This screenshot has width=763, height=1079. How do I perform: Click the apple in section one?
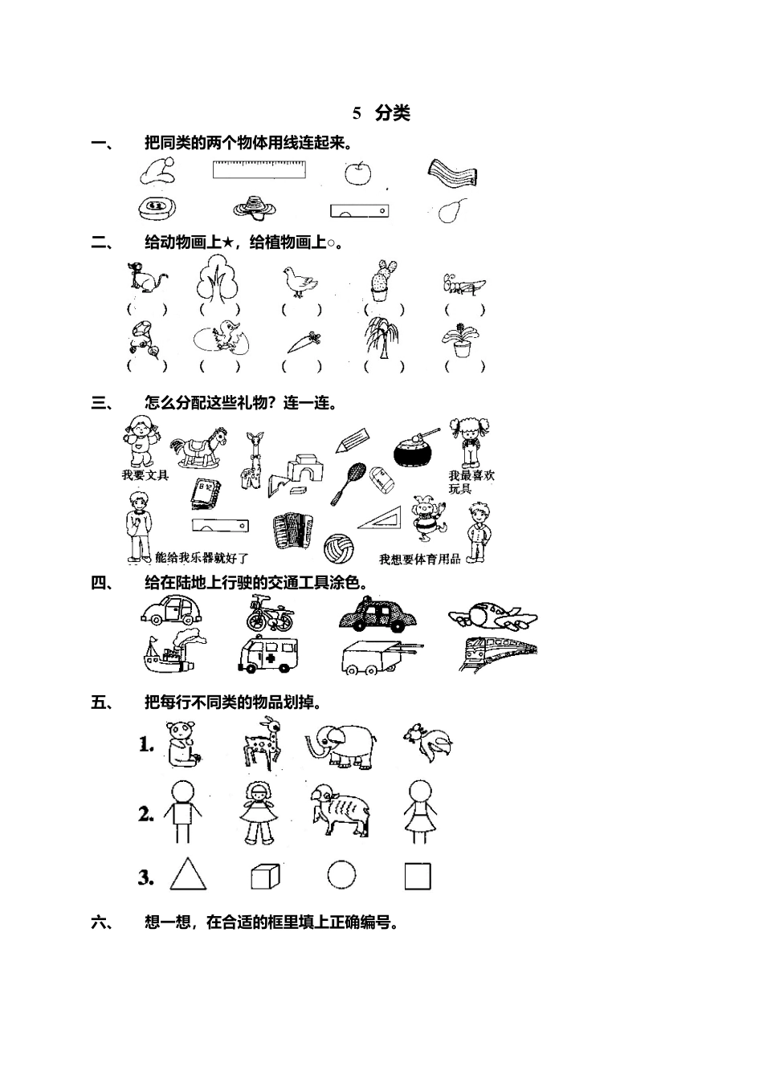click(357, 172)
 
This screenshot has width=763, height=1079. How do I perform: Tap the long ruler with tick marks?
click(259, 169)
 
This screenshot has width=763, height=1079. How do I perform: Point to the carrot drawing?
click(304, 342)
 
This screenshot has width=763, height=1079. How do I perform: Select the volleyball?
click(337, 548)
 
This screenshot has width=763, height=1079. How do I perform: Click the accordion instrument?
click(292, 532)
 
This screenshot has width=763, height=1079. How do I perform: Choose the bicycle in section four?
click(269, 613)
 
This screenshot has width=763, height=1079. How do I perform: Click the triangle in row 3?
click(188, 875)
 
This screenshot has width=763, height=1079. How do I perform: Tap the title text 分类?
click(393, 113)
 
